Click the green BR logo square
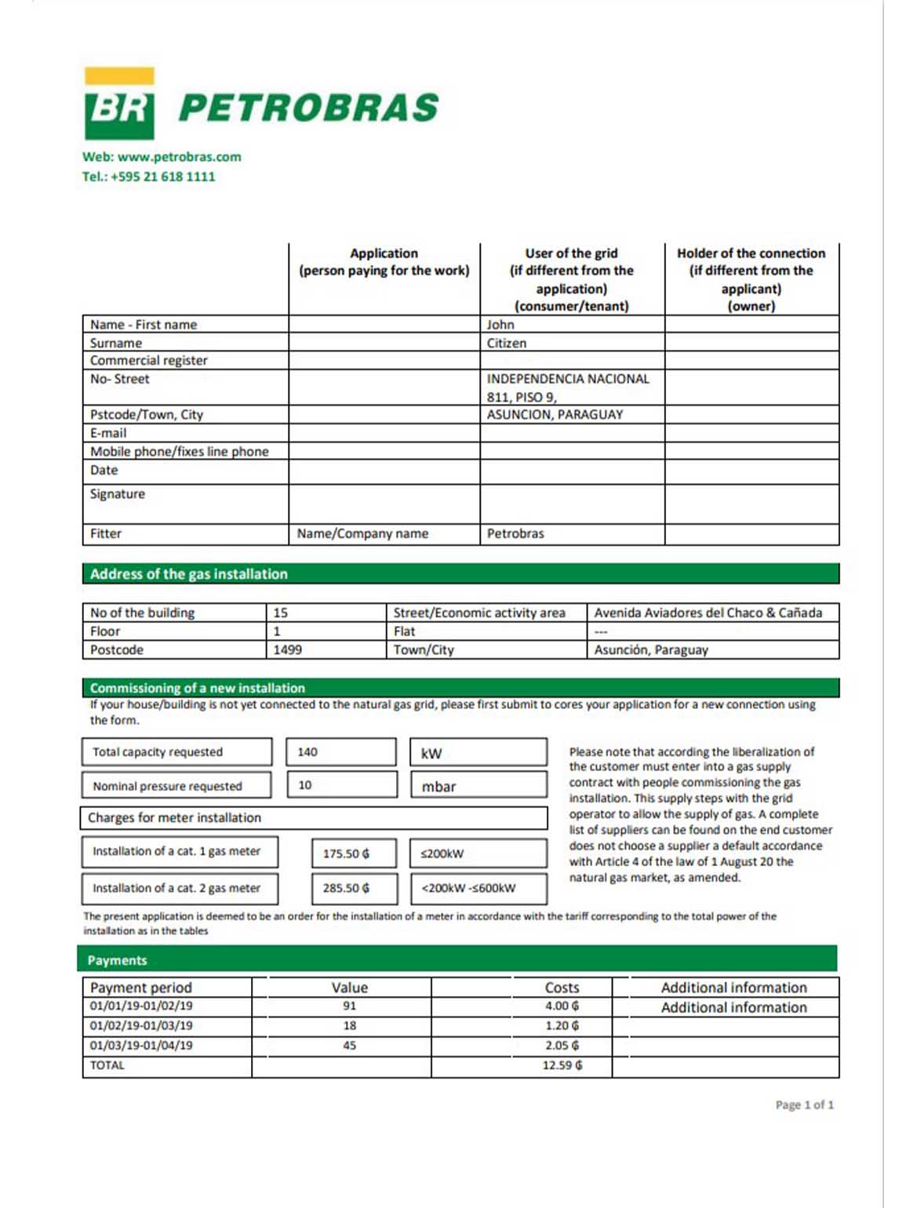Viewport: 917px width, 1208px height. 119,111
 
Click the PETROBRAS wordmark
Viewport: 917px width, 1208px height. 308,108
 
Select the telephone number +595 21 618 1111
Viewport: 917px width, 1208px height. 162,176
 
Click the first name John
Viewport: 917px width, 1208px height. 500,325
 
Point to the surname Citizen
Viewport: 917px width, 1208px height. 507,343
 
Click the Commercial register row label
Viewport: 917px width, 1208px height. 149,361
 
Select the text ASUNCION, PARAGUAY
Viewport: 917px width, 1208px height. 555,414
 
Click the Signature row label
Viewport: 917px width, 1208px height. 118,494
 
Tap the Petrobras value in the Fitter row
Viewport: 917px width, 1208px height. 515,533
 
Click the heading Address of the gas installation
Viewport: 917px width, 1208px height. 189,574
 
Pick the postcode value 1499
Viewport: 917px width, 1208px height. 287,649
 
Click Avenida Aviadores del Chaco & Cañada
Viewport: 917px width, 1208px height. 708,613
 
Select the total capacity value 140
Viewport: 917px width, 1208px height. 307,751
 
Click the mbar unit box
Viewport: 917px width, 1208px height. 479,786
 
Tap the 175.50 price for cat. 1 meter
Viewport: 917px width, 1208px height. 346,853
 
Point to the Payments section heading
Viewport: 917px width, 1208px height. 118,960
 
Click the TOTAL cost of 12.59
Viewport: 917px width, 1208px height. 562,1065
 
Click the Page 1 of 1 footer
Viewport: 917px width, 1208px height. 804,1104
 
